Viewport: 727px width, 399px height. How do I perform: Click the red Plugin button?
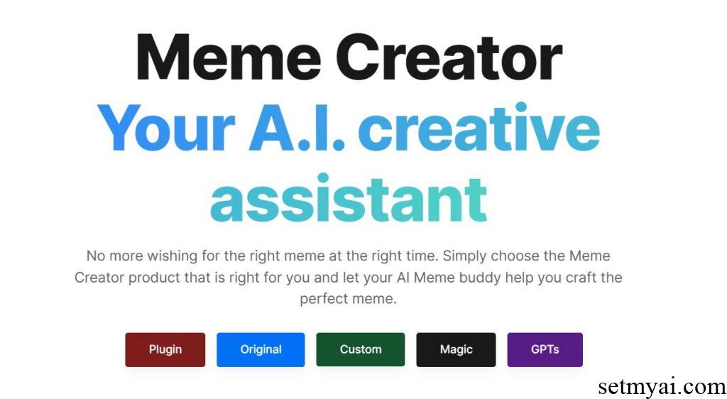coord(165,349)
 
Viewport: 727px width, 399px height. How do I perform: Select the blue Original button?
coord(261,349)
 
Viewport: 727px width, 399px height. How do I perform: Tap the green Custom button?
coord(360,349)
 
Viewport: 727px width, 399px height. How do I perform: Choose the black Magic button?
coord(456,349)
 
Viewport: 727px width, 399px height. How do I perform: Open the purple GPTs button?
coord(545,349)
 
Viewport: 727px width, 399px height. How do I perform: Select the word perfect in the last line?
coord(324,300)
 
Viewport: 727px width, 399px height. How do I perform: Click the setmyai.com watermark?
coord(661,387)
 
